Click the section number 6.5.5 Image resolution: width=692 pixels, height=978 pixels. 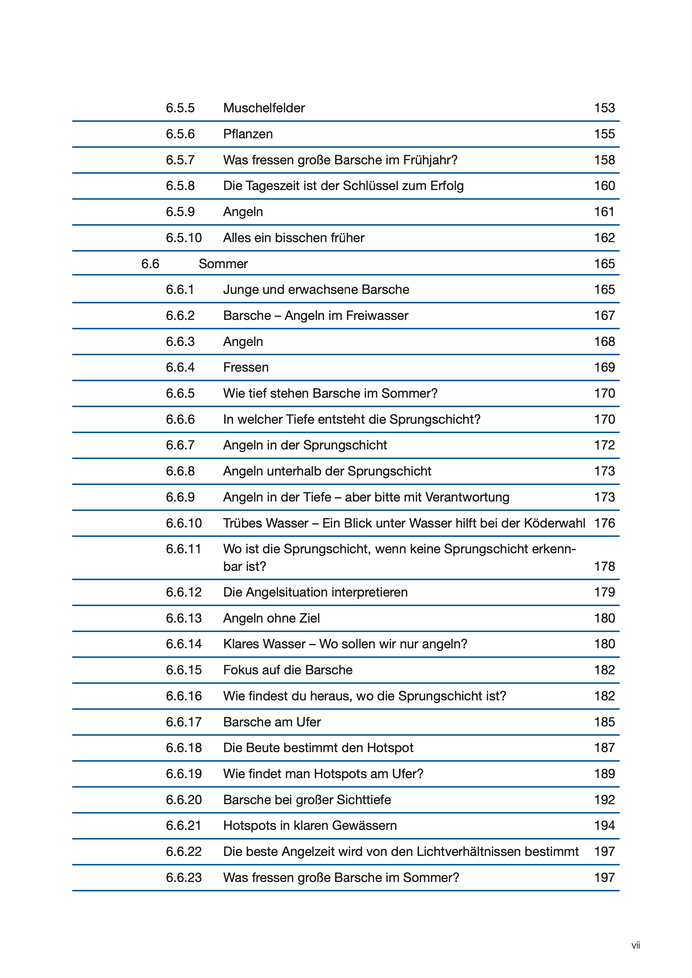(x=180, y=108)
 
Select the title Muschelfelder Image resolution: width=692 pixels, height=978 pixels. (x=264, y=108)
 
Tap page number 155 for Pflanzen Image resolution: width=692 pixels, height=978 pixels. (x=604, y=134)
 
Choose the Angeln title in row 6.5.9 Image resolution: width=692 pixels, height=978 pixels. (x=243, y=212)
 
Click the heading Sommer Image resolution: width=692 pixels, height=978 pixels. (x=223, y=264)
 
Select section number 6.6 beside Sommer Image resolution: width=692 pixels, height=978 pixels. (x=150, y=264)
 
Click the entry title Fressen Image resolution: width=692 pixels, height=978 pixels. (x=246, y=367)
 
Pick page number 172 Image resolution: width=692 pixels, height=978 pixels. (x=604, y=445)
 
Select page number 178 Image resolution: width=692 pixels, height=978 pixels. (x=604, y=566)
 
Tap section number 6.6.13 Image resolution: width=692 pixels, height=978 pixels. (x=184, y=618)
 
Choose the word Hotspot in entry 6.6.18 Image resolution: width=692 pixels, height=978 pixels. (x=390, y=748)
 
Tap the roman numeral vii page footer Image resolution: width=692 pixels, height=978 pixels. (x=635, y=946)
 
